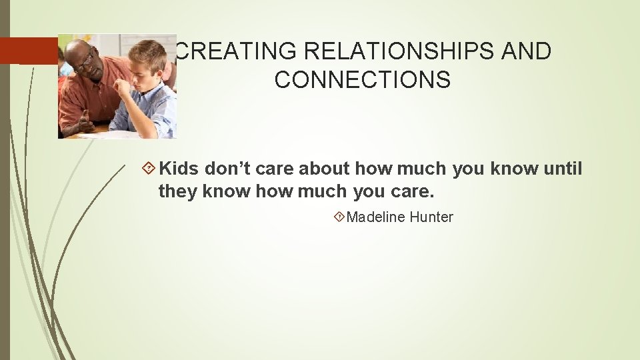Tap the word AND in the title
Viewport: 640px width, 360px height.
[527, 51]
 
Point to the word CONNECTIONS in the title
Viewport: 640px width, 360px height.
[362, 79]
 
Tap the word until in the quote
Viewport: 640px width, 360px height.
[563, 169]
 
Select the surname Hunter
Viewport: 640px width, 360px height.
[431, 217]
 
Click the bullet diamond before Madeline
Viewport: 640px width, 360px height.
[340, 217]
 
